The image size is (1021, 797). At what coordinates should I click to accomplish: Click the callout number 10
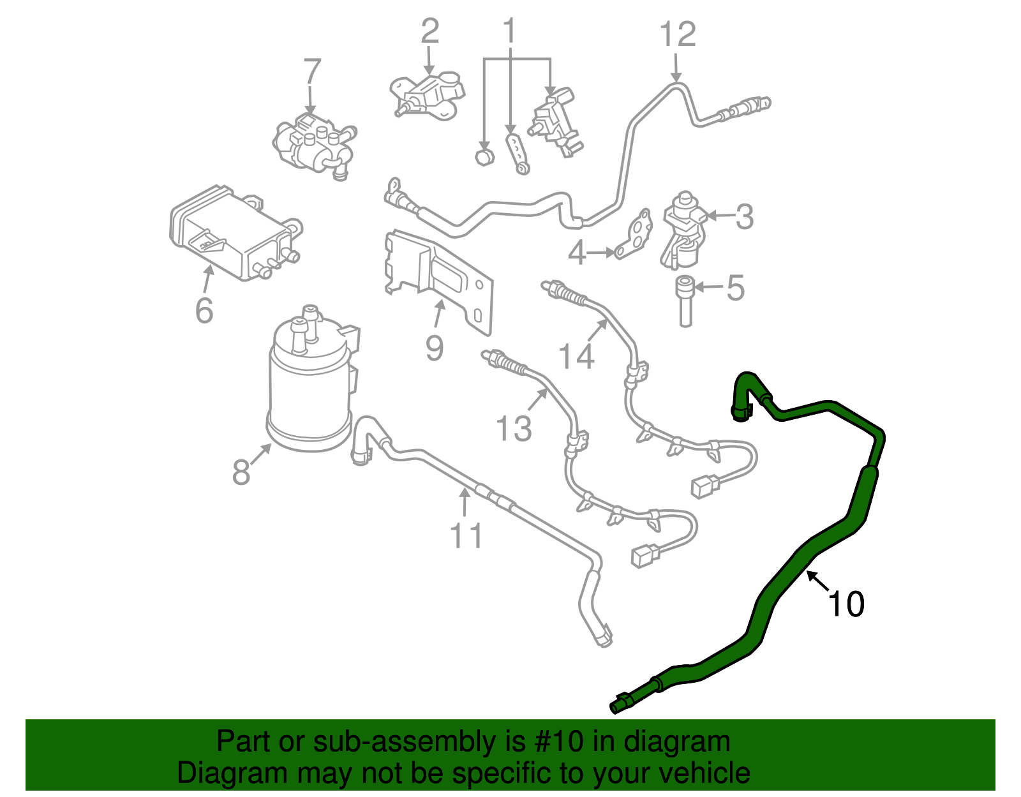pyautogui.click(x=846, y=604)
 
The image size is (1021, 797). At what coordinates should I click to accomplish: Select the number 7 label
pyautogui.click(x=311, y=72)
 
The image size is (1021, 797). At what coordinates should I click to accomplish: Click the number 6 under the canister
pyautogui.click(x=204, y=311)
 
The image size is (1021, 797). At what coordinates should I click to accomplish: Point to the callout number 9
pyautogui.click(x=435, y=348)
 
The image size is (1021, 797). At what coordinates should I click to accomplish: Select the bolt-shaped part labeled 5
pyautogui.click(x=685, y=300)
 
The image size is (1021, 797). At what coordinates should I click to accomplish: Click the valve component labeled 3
pyautogui.click(x=682, y=230)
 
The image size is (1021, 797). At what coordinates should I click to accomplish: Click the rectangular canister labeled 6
pyautogui.click(x=233, y=233)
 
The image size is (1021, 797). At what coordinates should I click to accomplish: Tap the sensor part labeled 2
pyautogui.click(x=426, y=96)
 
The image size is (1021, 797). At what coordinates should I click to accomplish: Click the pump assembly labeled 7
pyautogui.click(x=314, y=144)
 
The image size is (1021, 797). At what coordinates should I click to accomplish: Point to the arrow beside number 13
pyautogui.click(x=538, y=400)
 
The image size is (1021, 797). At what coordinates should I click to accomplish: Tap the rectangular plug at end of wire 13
pyautogui.click(x=645, y=555)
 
